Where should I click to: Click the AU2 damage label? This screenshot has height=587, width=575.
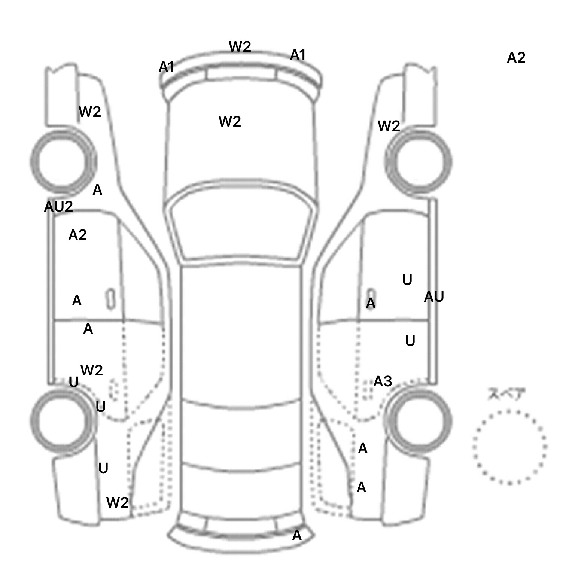coord(58,206)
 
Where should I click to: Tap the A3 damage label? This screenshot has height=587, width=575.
coord(383,381)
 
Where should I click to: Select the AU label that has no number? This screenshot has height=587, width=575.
coord(434,297)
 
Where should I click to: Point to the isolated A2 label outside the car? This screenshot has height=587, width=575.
coord(516,58)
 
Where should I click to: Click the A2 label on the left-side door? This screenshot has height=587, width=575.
coord(77,235)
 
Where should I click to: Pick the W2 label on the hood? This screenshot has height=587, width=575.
coord(229,122)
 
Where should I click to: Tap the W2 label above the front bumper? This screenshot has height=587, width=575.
coord(240,47)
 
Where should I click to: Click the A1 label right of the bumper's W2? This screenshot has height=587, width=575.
coord(298,55)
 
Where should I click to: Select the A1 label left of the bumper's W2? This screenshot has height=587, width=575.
coord(167,67)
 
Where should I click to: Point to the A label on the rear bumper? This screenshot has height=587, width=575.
coord(296,536)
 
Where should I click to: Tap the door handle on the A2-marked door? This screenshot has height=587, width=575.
coord(110,299)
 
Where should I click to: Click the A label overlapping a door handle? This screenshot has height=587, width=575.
coord(370,303)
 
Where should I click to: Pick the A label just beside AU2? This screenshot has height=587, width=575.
coord(97,190)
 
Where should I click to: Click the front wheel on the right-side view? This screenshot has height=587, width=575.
coord(419,162)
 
